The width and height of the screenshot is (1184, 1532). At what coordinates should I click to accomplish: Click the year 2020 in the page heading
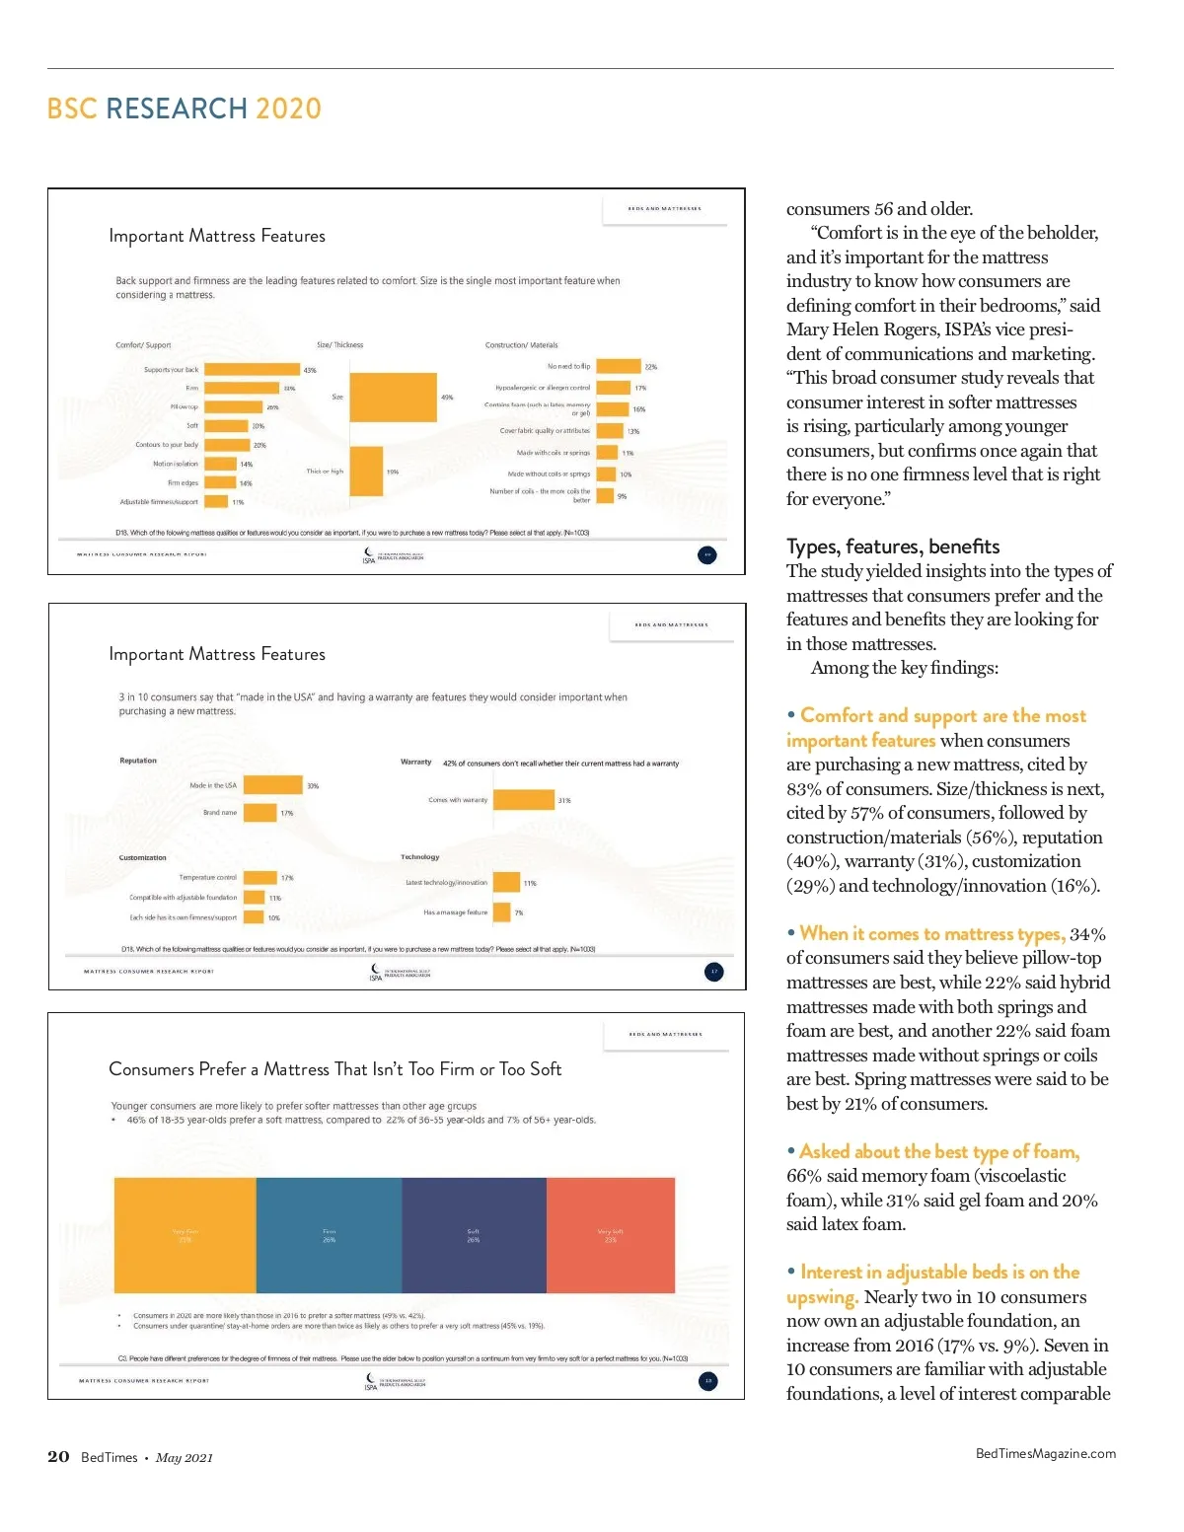[x=288, y=109]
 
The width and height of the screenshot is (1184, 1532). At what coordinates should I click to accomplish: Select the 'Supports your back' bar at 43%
[x=253, y=370]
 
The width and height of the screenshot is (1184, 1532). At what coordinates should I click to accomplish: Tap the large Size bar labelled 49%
[x=393, y=398]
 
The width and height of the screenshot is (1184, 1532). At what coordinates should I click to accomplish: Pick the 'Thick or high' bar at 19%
[x=366, y=472]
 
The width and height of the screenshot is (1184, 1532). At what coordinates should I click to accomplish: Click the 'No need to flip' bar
[x=619, y=366]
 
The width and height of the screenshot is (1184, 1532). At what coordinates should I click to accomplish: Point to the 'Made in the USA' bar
[x=272, y=785]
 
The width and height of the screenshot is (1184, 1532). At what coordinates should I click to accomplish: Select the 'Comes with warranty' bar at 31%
[x=524, y=800]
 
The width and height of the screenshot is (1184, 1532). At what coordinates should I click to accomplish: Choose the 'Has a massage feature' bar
[x=501, y=912]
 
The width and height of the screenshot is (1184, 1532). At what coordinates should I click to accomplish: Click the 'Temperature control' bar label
[x=207, y=877]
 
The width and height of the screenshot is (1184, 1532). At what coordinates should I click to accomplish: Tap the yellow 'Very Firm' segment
[x=185, y=1235]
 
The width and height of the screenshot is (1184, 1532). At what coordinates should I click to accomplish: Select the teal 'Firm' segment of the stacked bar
[x=329, y=1235]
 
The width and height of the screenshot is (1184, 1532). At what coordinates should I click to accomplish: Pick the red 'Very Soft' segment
[x=611, y=1235]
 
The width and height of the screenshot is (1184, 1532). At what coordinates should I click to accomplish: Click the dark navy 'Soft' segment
[x=474, y=1235]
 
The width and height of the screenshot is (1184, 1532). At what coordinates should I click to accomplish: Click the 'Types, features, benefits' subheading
[x=893, y=547]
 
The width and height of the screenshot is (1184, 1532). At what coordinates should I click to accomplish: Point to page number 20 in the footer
[x=58, y=1457]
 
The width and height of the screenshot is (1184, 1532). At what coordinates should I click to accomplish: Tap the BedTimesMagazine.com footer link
[x=1045, y=1453]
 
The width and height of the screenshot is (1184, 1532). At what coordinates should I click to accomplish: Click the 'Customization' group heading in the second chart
[x=143, y=857]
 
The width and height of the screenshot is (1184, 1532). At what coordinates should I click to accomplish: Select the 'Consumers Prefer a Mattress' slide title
[x=334, y=1069]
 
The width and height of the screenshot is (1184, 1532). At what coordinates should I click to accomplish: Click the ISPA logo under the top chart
[x=370, y=555]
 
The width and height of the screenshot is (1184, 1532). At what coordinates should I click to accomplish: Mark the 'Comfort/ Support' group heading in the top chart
[x=143, y=345]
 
